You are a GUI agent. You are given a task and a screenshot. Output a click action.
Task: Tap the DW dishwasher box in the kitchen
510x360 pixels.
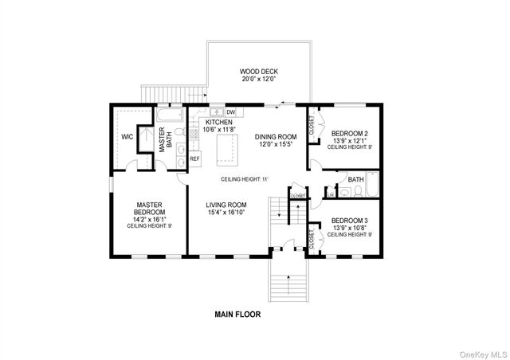230,112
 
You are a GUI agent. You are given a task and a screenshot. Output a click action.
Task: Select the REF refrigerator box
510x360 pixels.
194,158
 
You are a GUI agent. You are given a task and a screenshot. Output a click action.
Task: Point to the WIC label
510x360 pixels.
126,136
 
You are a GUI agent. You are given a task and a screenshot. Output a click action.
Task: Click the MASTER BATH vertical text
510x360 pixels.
165,140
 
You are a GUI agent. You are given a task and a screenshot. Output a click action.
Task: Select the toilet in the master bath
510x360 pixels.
180,132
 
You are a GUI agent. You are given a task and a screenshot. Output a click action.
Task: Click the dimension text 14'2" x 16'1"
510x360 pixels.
149,219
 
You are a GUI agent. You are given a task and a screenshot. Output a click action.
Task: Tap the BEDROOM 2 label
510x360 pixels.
349,133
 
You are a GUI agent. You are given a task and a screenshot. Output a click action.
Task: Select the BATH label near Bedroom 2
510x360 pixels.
355,179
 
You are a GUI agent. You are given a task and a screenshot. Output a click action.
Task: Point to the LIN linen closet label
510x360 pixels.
330,194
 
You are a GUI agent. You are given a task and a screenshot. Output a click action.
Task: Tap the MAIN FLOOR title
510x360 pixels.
237,314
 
